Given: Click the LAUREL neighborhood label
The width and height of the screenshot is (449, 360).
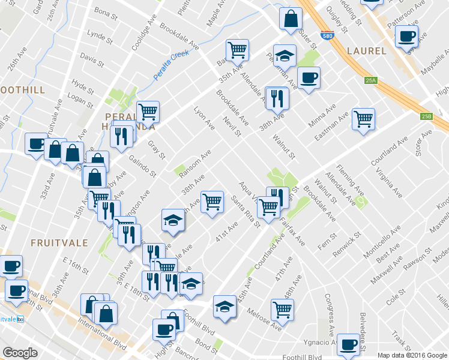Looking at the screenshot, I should pos(366,51).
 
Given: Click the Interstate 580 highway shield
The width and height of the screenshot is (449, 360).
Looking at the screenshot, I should pos(326,35).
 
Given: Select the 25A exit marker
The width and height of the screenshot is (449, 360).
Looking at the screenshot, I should pos(370,80).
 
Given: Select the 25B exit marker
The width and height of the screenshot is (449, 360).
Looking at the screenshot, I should pos(426,116).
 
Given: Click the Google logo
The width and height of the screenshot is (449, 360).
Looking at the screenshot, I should pos(20,353).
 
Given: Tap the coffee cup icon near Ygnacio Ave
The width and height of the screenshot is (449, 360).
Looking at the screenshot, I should pos(348,344).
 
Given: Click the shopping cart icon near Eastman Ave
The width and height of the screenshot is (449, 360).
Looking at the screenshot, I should pos(363,119).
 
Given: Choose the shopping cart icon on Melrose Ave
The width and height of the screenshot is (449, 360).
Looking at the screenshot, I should pos(282,309).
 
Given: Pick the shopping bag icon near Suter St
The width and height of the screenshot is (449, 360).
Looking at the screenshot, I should pos(291,18).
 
